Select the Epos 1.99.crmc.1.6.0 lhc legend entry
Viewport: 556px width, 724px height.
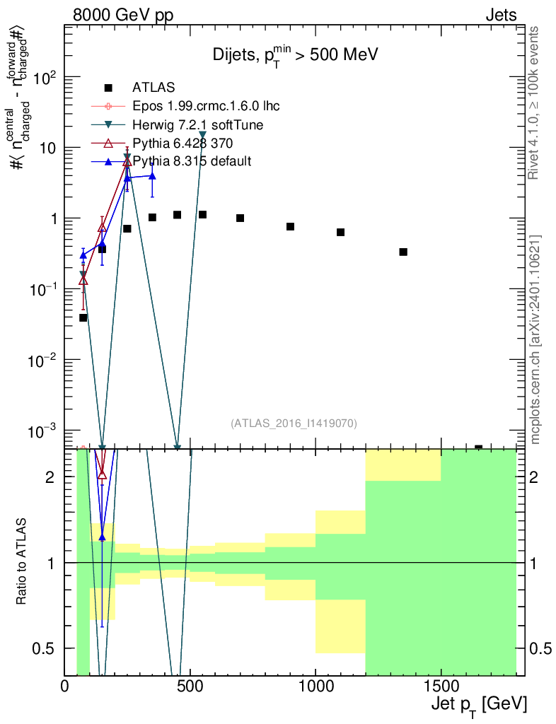(x=206, y=106)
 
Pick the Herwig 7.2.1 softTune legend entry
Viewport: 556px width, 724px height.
(x=197, y=124)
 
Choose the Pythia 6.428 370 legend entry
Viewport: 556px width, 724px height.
(x=183, y=143)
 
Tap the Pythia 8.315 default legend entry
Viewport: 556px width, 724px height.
(x=192, y=161)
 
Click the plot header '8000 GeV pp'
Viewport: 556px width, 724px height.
(x=123, y=15)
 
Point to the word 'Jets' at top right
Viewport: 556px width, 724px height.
(x=501, y=15)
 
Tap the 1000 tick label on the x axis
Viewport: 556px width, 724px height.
(x=315, y=687)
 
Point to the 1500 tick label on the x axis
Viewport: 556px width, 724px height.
(x=441, y=687)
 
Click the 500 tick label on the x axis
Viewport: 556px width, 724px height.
(x=190, y=687)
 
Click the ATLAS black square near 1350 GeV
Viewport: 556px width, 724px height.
(x=403, y=252)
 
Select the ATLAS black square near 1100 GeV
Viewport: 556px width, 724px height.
(x=340, y=232)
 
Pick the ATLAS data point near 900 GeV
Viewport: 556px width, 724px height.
(x=290, y=226)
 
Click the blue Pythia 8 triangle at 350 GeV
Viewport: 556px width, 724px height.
(x=152, y=175)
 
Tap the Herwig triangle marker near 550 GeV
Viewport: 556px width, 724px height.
(x=203, y=134)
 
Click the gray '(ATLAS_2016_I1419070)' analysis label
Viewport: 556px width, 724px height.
(x=294, y=424)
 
